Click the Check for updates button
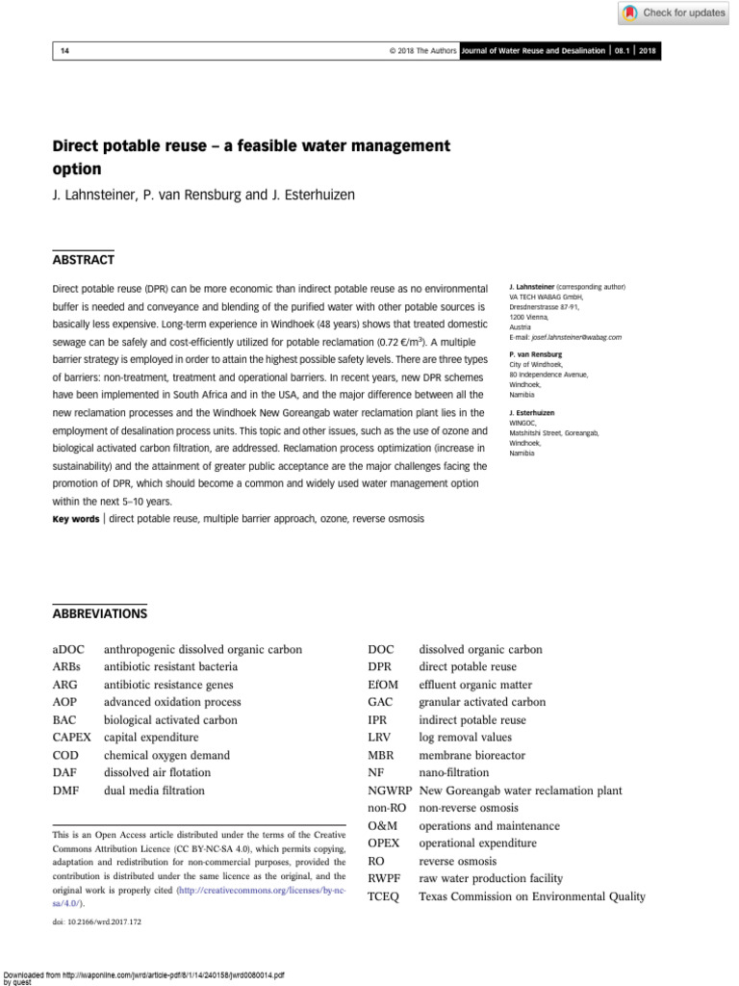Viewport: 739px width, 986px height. tap(673, 13)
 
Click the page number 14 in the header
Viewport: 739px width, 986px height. tap(65, 50)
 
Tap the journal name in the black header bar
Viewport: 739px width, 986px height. tap(534, 50)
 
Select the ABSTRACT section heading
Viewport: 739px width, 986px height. tap(83, 260)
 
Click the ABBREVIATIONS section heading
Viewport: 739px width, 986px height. tap(99, 613)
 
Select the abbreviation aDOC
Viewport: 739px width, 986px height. tap(68, 649)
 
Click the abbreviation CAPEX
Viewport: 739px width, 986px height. tap(72, 738)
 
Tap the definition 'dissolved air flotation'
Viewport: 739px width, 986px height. tap(157, 773)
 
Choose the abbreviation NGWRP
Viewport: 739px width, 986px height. tap(390, 791)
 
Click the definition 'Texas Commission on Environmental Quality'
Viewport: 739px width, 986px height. tap(532, 896)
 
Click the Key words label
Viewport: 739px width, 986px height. tap(76, 519)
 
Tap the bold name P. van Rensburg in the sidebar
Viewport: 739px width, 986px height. tap(535, 354)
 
